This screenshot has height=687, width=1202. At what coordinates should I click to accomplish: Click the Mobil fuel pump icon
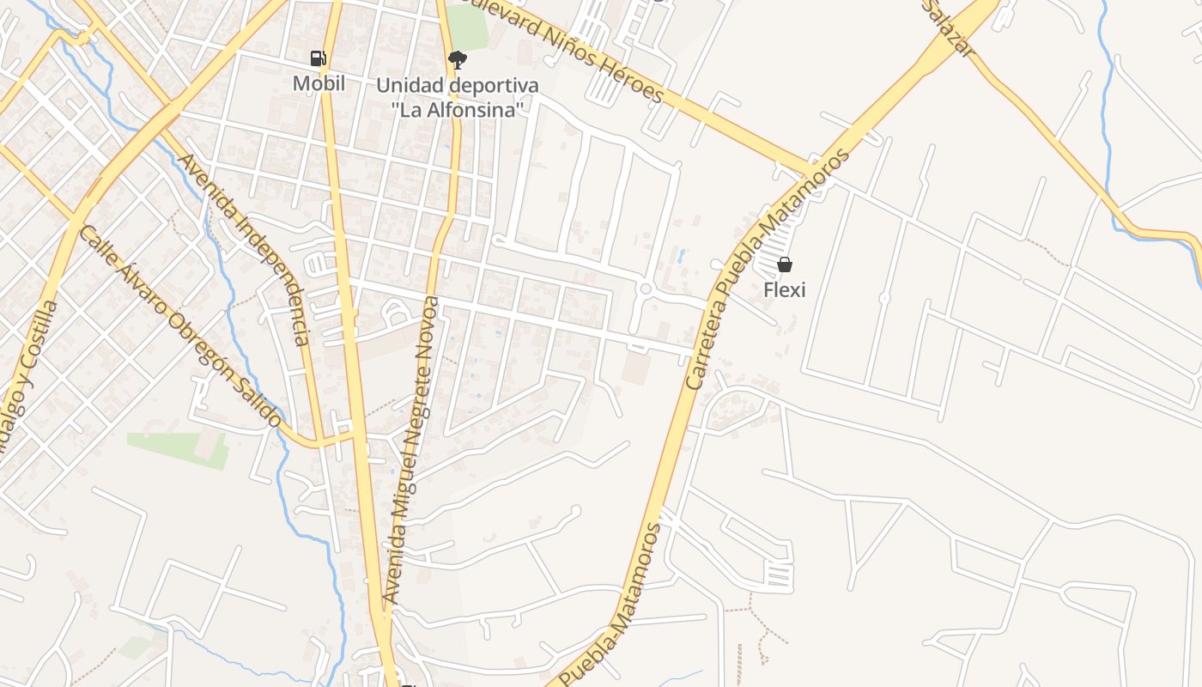[x=319, y=58]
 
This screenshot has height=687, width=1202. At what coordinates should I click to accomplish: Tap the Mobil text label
[x=319, y=83]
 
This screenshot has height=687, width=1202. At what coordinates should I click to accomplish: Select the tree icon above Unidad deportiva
[x=457, y=59]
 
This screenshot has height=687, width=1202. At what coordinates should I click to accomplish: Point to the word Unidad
[x=410, y=86]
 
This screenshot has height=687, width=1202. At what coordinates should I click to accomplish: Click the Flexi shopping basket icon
[x=784, y=264]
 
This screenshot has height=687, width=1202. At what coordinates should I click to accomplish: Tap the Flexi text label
[x=784, y=289]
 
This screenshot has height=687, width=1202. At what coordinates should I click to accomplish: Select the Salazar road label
[x=951, y=29]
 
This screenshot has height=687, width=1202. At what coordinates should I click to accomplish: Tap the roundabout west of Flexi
[x=645, y=289]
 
